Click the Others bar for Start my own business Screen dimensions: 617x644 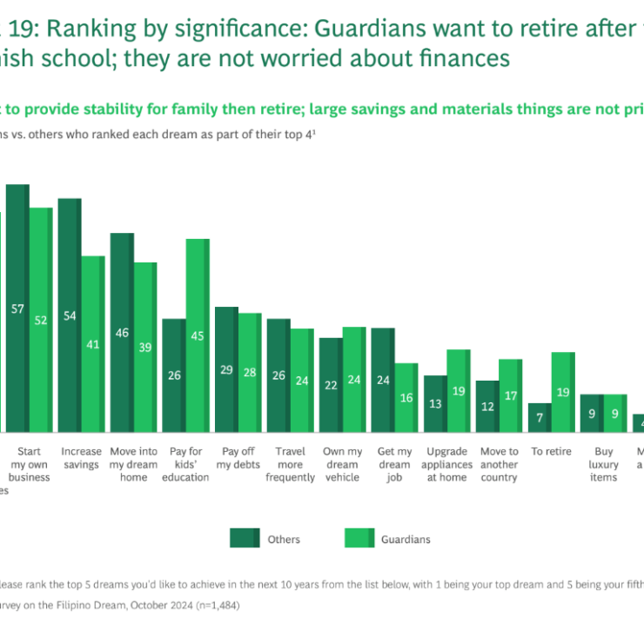17,308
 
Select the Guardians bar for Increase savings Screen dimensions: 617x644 93,343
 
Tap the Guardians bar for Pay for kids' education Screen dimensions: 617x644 198,335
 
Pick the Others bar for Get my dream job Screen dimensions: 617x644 383,380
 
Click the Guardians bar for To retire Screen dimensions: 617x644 563,392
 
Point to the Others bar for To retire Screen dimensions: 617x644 540,417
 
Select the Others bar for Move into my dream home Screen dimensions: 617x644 122,332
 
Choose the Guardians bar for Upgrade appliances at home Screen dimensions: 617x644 459,390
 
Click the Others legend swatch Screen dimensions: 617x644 245,539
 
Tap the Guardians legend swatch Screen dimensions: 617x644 356,539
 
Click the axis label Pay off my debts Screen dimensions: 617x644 238,458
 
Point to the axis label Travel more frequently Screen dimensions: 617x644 290,465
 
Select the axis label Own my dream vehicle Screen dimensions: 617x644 342,465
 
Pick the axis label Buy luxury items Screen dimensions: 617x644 603,465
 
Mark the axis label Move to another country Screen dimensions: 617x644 499,465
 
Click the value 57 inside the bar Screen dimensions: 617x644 17,308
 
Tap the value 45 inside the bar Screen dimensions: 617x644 198,335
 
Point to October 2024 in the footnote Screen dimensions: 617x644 140,604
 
